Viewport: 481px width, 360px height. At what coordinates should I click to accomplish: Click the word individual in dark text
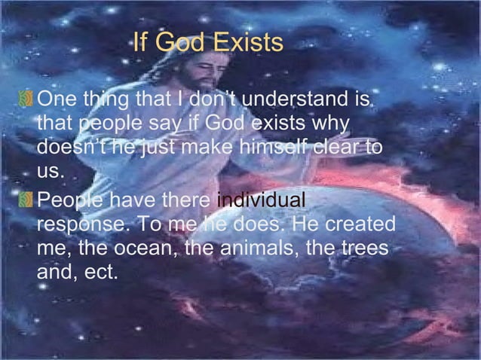pyautogui.click(x=261, y=201)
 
